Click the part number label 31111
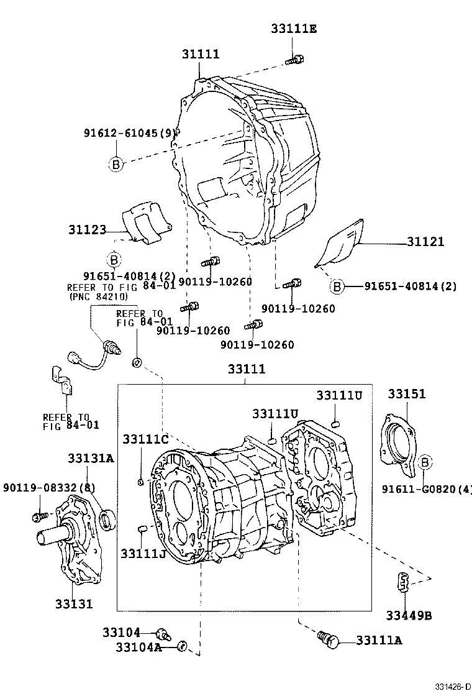201,54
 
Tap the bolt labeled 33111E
295,60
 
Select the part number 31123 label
88,230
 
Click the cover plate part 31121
340,244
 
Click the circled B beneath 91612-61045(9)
115,164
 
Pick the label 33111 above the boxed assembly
246,369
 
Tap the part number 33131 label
74,603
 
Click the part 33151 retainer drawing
397,438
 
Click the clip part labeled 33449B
403,582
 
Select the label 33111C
145,439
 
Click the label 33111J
143,552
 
